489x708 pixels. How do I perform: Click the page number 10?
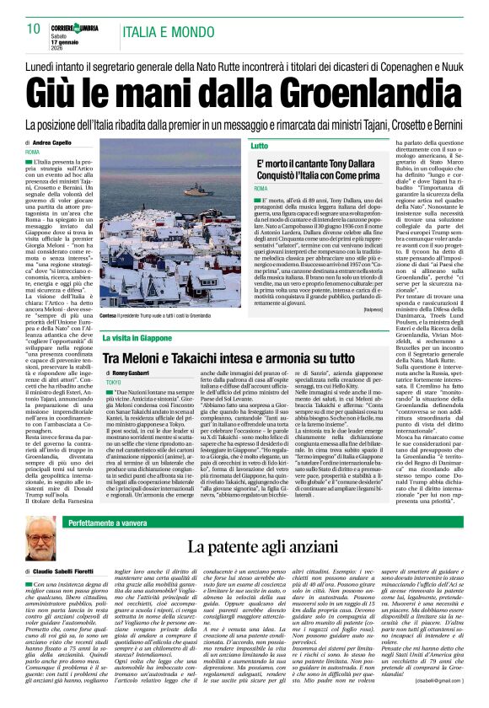(x=34, y=29)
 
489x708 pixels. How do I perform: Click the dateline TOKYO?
(x=113, y=382)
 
